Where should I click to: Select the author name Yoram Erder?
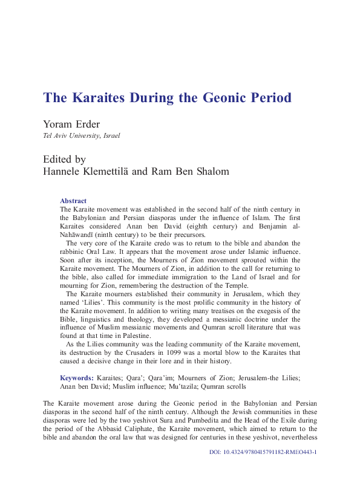[70, 125]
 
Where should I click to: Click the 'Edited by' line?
[64, 160]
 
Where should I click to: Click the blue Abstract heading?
[73, 201]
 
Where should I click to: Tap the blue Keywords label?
[77, 378]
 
